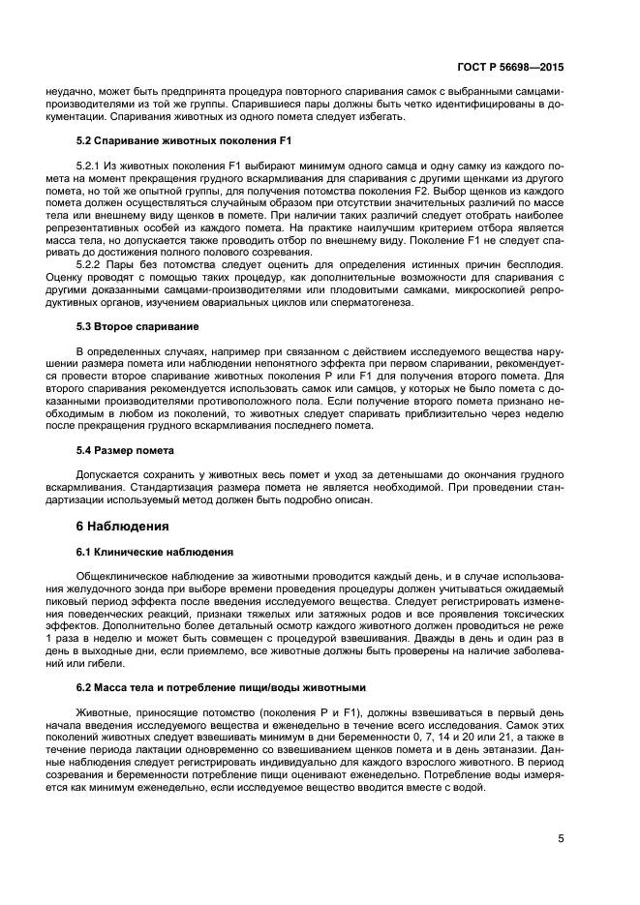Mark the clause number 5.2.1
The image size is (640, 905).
pos(88,166)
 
